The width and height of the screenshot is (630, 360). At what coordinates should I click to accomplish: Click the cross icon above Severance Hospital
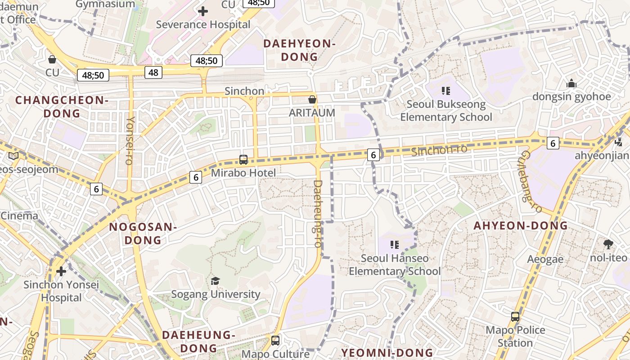tap(203, 11)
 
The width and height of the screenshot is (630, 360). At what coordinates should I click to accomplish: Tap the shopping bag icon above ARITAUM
tap(312, 99)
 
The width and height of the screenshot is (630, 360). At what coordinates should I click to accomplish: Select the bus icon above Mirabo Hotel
tap(243, 159)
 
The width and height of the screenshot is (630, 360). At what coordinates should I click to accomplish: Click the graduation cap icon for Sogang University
tap(216, 281)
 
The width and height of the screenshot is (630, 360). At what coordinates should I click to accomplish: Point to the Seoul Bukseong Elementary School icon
tap(446, 91)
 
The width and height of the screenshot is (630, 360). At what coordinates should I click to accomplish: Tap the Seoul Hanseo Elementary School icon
tap(395, 245)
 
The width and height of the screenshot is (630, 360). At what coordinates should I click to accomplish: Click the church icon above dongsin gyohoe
tap(571, 84)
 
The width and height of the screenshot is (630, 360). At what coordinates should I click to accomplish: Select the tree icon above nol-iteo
tap(608, 244)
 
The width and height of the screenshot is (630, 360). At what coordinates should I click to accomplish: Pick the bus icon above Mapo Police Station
tap(515, 317)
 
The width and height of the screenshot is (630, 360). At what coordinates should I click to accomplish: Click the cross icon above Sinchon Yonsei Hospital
tap(61, 271)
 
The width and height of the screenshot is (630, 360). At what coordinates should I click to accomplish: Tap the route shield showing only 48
tap(153, 72)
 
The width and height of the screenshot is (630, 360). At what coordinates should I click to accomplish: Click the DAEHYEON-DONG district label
tap(299, 50)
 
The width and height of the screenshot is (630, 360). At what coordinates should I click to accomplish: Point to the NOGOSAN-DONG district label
tap(143, 233)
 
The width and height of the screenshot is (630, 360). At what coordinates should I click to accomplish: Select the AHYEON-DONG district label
tap(521, 225)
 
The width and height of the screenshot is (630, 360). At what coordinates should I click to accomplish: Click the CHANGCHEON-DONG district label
tap(62, 106)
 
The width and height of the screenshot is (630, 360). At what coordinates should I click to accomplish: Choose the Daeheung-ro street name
tap(318, 214)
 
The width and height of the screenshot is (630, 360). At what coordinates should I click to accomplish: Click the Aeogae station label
tap(545, 259)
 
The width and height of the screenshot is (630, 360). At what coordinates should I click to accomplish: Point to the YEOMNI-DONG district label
tap(387, 352)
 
